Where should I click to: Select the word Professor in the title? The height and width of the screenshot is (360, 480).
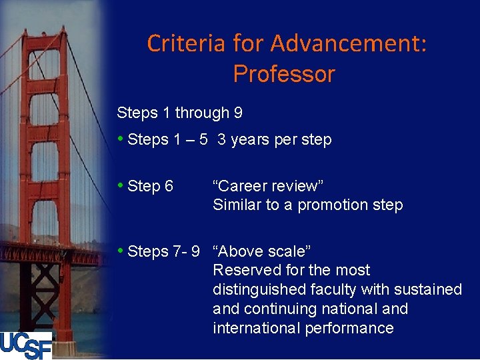point(284,73)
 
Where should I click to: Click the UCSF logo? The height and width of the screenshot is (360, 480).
point(26,345)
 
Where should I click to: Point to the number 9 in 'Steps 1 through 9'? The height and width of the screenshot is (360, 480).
point(238,113)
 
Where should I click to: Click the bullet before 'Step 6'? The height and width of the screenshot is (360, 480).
point(120,185)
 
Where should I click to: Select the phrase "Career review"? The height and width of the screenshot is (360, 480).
point(268,186)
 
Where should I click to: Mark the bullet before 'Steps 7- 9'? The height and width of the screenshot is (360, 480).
point(120,251)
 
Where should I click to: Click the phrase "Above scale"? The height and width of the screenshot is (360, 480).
point(262,251)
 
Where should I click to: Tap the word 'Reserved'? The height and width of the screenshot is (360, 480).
point(241,271)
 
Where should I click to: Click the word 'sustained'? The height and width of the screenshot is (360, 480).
point(429,290)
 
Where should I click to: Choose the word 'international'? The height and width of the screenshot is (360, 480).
point(254,328)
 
